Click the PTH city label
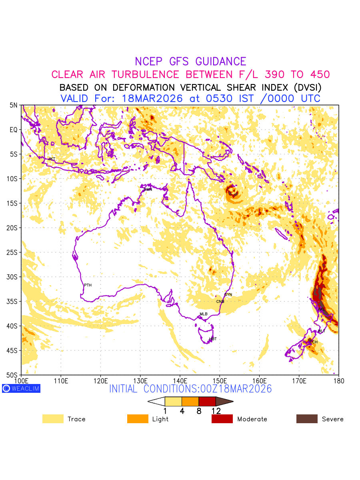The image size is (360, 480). click(x=88, y=285)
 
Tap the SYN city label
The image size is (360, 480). click(x=228, y=295)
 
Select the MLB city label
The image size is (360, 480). click(x=204, y=314)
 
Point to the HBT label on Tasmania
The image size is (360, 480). click(x=213, y=339)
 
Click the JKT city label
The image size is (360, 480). click(x=52, y=159)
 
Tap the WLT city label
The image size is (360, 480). click(x=322, y=331)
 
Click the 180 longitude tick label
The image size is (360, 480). click(x=339, y=380)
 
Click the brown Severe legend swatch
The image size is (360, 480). click(x=307, y=419)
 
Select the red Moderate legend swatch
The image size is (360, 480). click(x=222, y=419)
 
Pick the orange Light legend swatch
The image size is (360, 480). click(x=138, y=419)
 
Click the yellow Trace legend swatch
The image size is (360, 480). click(x=53, y=419)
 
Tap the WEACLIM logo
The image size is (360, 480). click(x=21, y=388)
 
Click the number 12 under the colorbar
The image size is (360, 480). click(x=216, y=411)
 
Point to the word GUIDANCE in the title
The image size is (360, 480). click(x=221, y=62)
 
